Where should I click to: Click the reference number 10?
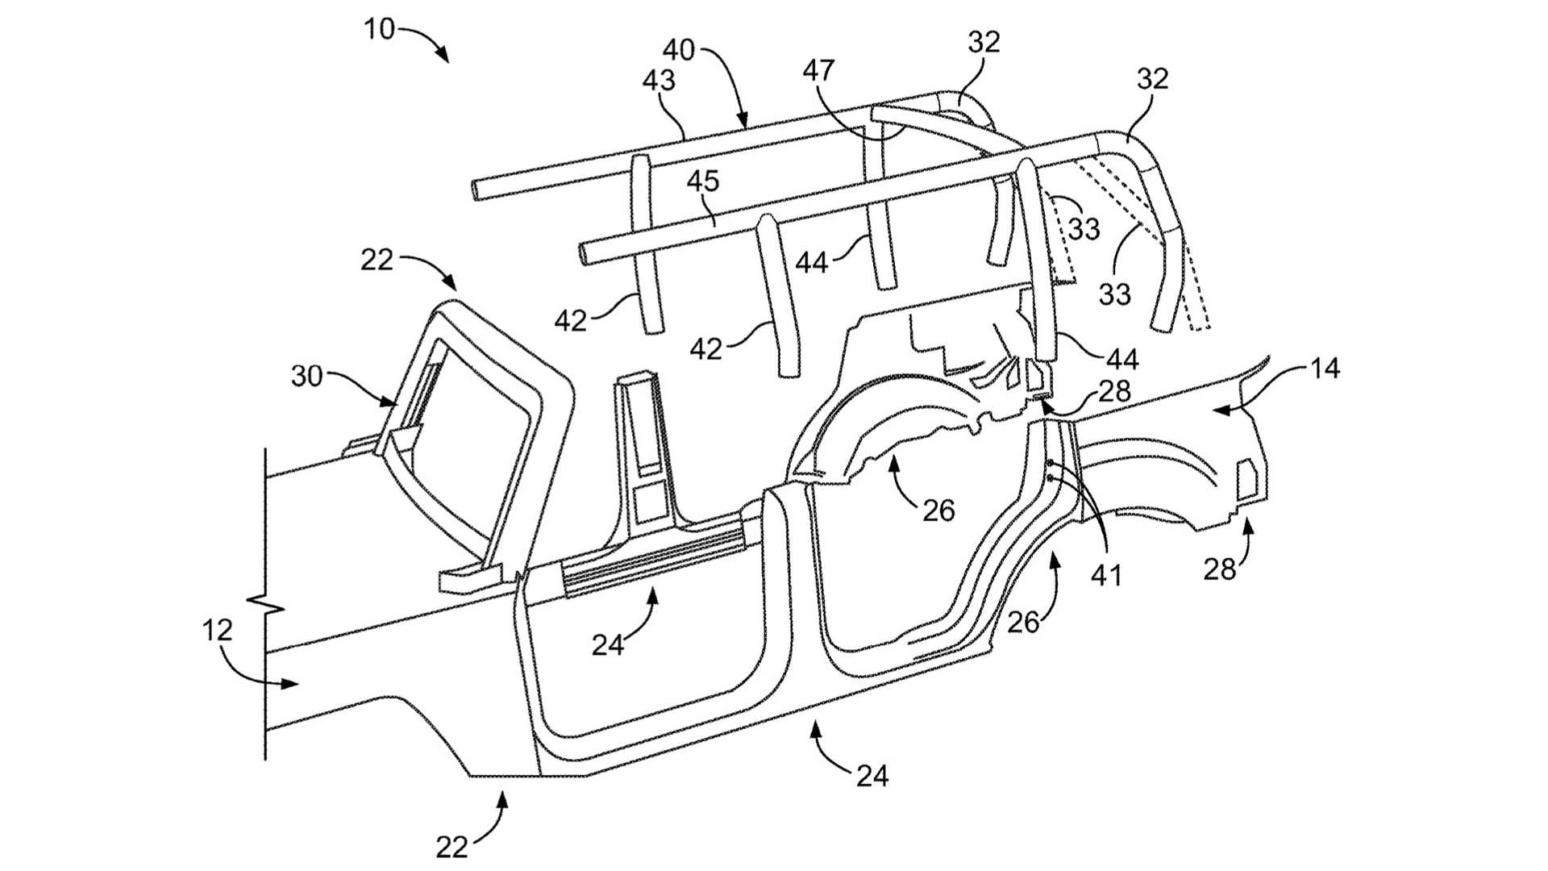click(x=379, y=29)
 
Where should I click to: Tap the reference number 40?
click(x=678, y=50)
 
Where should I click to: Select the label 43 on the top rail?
click(x=659, y=80)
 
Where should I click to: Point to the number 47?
click(x=819, y=71)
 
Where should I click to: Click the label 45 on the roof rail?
click(x=702, y=181)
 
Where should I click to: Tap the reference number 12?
click(x=217, y=630)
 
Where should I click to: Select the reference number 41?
click(x=1106, y=574)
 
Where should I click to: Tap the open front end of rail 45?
click(x=585, y=253)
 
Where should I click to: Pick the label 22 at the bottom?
click(x=451, y=847)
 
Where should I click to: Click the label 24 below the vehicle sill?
click(x=872, y=776)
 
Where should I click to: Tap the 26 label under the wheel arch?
click(x=938, y=510)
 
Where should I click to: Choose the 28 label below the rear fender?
click(x=1219, y=569)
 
